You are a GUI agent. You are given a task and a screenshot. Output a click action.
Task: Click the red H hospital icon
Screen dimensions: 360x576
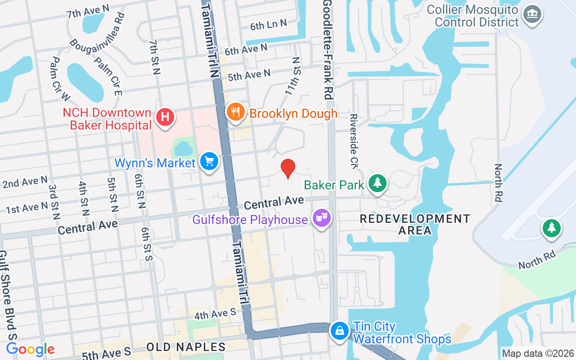(165, 117)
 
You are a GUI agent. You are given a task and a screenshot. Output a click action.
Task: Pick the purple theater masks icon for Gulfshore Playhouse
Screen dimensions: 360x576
(322, 218)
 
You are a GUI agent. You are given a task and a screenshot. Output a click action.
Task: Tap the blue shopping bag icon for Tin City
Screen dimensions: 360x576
(340, 331)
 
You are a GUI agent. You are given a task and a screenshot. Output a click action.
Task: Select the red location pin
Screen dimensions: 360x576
(288, 168)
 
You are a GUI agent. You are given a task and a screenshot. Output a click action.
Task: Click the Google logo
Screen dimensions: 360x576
(31, 349)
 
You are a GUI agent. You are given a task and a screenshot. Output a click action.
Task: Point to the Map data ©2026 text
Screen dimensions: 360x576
(538, 353)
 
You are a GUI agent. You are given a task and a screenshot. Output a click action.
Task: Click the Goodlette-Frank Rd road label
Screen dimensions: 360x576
(328, 49)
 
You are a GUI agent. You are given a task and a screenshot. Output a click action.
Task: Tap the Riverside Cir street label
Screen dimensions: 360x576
(354, 133)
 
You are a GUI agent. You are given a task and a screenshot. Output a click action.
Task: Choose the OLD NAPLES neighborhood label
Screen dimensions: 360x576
(186, 347)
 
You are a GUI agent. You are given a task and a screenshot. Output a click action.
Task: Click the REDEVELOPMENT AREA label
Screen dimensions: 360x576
(415, 225)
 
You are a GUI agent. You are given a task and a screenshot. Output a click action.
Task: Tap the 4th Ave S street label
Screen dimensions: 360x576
(216, 314)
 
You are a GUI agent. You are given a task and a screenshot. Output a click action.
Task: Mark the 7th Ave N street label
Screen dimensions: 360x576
(88, 11)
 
